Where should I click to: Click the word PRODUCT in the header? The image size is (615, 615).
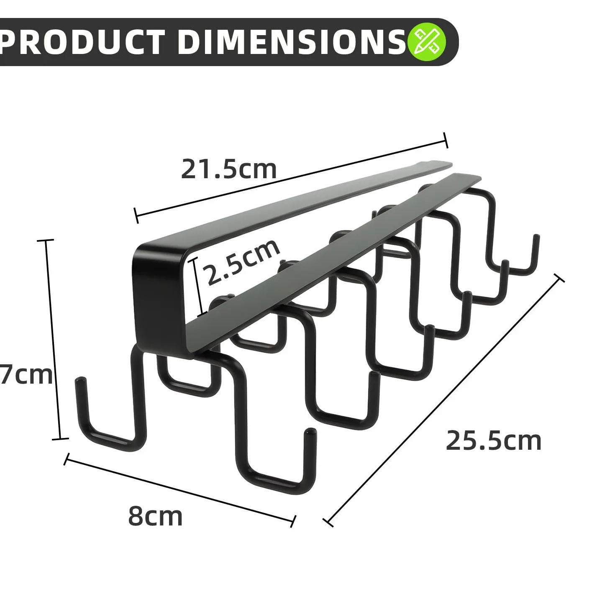(x=82, y=42)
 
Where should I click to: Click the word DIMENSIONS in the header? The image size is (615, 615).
(x=292, y=42)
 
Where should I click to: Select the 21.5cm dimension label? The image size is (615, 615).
(x=228, y=169)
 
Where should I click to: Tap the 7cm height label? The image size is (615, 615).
(x=26, y=375)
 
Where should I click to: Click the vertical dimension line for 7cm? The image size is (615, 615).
(x=53, y=339)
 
